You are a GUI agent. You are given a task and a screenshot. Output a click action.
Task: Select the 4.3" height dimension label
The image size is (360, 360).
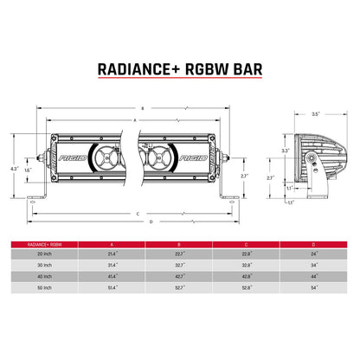pyautogui.click(x=13, y=167)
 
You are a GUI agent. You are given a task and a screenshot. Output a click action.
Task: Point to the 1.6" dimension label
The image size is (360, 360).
pyautogui.click(x=29, y=170)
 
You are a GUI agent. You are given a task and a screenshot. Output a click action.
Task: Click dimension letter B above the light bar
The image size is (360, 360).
pyautogui.click(x=141, y=108)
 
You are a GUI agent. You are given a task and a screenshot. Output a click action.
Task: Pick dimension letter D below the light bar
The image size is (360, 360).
pyautogui.click(x=151, y=222)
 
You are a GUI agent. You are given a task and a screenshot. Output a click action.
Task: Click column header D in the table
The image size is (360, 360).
pyautogui.click(x=313, y=244)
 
